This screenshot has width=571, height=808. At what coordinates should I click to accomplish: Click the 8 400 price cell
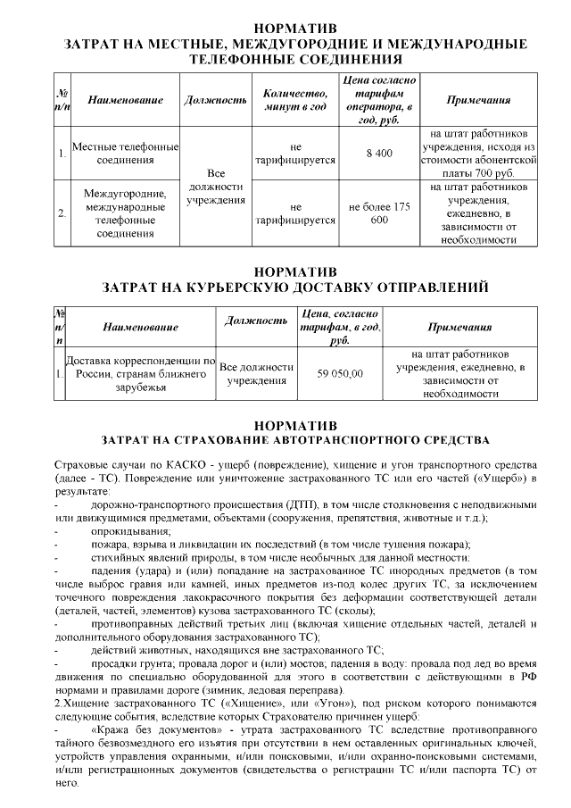click(379, 154)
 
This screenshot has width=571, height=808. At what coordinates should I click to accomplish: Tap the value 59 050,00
click(340, 373)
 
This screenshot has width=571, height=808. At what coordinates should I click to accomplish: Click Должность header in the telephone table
click(215, 100)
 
